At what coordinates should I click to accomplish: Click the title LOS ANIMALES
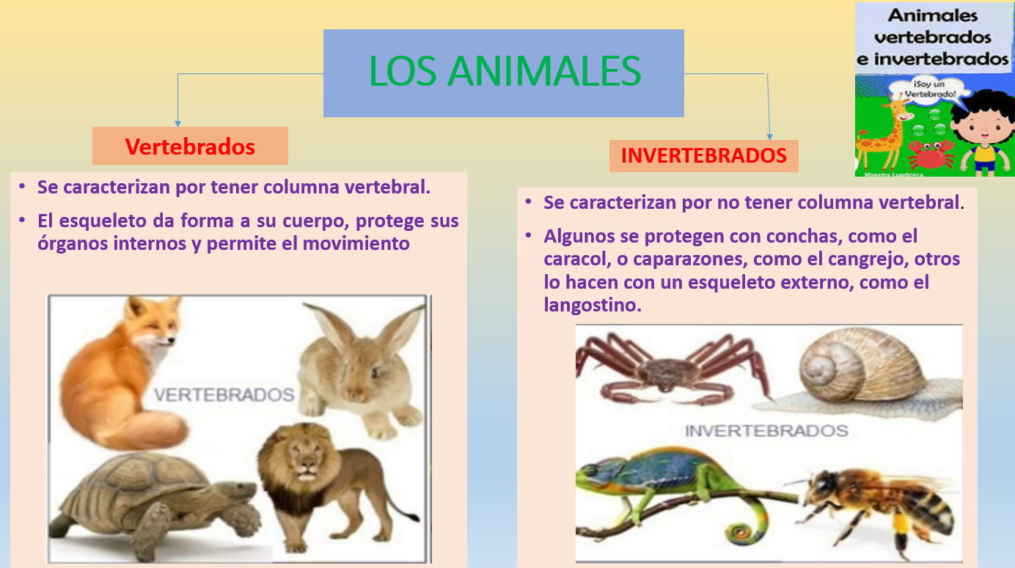tap(505, 72)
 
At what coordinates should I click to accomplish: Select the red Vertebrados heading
tap(190, 147)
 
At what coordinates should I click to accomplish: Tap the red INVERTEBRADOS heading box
tap(703, 155)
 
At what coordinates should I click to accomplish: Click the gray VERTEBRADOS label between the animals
tap(224, 395)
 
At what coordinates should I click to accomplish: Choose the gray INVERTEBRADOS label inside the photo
tap(766, 431)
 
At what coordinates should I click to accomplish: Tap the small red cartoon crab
tap(930, 152)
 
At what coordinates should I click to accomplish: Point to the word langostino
tap(593, 305)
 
